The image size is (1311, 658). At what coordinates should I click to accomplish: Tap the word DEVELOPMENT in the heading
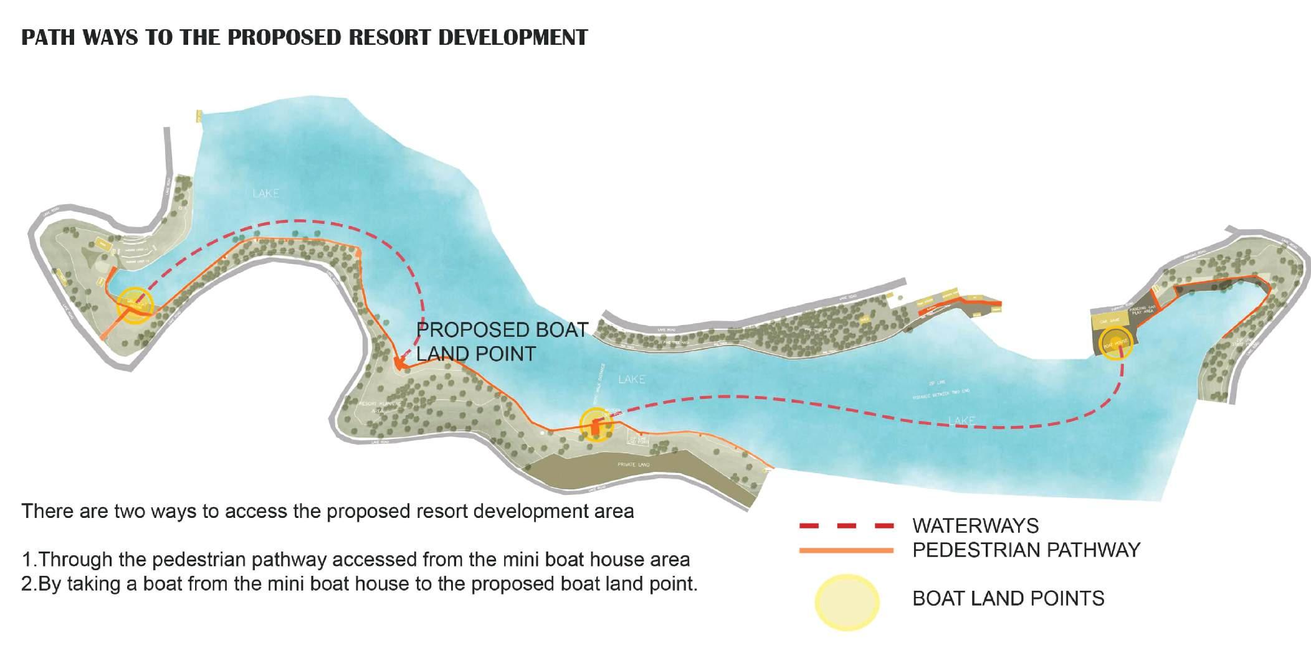(513, 37)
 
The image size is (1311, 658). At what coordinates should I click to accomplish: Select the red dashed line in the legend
(847, 527)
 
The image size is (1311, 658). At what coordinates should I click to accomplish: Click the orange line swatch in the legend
(847, 550)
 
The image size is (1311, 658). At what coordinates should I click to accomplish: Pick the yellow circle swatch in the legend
(847, 602)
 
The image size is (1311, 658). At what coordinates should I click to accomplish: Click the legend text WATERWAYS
(975, 526)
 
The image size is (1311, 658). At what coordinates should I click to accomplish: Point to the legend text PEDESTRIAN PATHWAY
(1026, 550)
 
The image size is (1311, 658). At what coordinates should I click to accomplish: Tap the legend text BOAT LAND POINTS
(1008, 599)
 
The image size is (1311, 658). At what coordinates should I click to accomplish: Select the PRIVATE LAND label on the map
(633, 465)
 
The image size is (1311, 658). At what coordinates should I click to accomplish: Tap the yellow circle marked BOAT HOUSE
(1115, 342)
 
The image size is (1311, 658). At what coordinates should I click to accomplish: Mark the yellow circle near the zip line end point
(596, 425)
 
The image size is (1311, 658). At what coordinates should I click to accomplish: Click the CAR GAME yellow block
(1110, 321)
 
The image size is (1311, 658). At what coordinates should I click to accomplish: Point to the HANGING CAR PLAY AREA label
(1143, 309)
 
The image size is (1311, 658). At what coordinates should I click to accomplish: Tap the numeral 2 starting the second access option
(26, 585)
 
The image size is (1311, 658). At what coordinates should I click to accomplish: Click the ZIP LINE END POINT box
(639, 440)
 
